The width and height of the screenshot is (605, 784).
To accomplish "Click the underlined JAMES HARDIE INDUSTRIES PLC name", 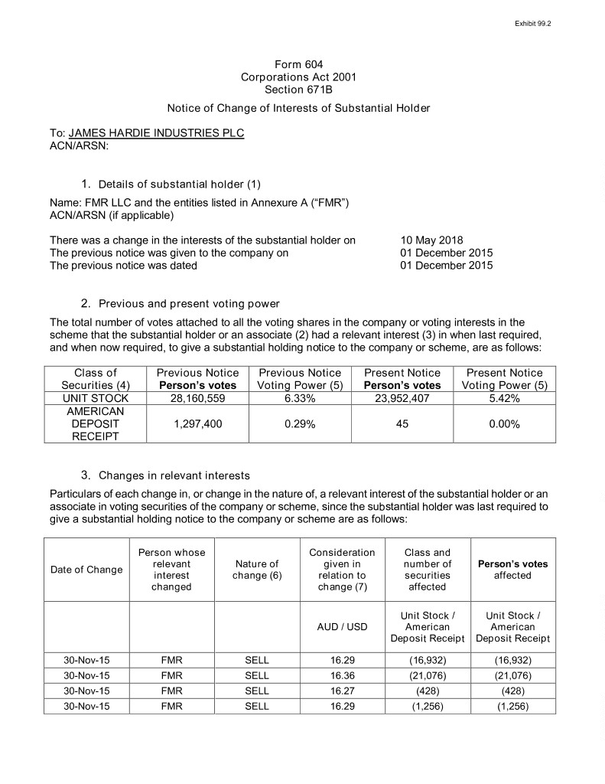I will (156, 132).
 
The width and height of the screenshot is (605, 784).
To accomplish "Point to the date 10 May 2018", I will (431, 240).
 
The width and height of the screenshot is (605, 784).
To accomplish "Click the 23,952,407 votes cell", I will (402, 398).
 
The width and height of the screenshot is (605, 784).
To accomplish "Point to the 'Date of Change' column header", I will (86, 569).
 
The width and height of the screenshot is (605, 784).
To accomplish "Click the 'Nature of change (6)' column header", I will (256, 570).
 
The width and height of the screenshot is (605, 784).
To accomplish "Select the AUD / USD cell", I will (342, 626).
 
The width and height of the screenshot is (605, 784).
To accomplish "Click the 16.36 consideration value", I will (342, 675).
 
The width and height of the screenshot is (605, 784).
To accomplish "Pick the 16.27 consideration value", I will (342, 691).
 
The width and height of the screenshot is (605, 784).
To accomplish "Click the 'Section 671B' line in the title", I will (298, 90).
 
